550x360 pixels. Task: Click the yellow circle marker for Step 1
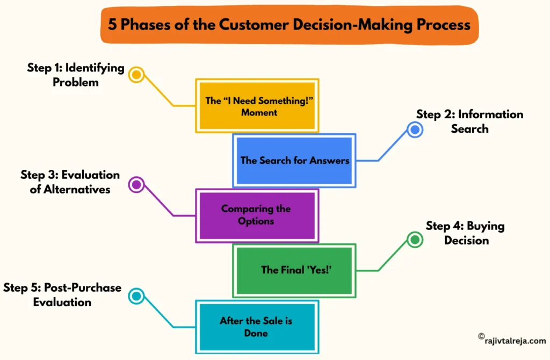(137, 74)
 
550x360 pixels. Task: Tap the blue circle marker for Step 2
(414, 129)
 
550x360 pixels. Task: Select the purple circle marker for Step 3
(136, 185)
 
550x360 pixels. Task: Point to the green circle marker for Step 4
(414, 240)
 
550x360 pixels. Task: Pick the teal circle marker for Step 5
(136, 295)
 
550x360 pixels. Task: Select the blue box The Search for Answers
(294, 161)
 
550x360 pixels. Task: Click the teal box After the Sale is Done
(256, 326)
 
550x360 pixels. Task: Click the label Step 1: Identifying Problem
(76, 75)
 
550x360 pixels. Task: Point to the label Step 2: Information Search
(469, 121)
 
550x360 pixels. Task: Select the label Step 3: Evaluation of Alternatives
(70, 182)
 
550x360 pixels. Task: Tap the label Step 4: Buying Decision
(466, 233)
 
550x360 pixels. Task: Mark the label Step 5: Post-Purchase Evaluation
(62, 295)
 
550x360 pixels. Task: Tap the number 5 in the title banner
(112, 25)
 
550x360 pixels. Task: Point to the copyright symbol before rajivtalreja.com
(481, 336)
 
